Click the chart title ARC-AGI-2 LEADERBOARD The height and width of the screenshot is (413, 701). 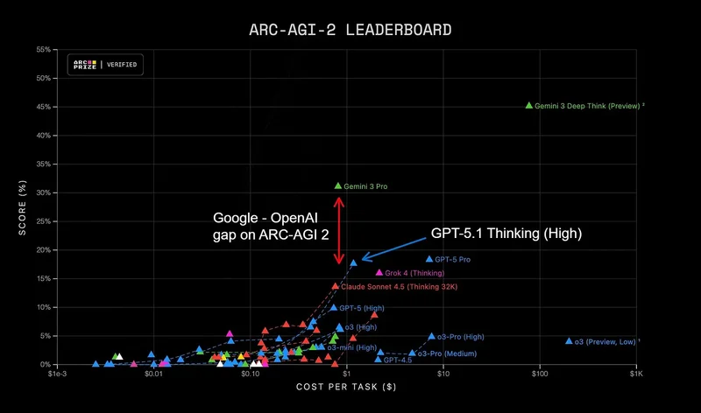click(350, 30)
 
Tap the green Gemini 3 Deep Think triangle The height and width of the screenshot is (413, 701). click(529, 105)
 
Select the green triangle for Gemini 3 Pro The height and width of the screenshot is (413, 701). click(338, 185)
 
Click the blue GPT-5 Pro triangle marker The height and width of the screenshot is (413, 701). click(429, 259)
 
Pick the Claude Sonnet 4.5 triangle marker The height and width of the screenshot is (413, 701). click(336, 286)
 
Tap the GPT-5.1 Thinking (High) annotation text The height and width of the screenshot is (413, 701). click(506, 234)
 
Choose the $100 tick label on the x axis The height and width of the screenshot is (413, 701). click(539, 374)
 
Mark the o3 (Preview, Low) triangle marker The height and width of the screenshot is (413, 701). click(569, 341)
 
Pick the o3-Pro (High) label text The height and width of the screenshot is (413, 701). click(461, 337)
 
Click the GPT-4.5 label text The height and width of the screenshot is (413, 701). click(397, 360)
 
